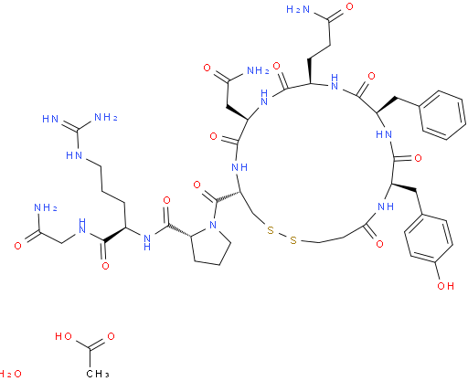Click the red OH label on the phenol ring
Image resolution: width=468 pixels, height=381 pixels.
[445, 286]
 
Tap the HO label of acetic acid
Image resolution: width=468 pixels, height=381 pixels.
[63, 336]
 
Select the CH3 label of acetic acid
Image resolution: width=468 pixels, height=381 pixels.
[98, 374]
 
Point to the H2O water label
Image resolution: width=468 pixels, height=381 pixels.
[10, 374]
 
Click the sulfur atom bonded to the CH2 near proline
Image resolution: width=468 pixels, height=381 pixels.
[271, 230]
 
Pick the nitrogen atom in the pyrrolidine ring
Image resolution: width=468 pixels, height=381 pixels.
[213, 225]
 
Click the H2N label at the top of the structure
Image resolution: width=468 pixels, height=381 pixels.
[298, 9]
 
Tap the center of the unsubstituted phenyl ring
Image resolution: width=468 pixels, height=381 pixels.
[442, 115]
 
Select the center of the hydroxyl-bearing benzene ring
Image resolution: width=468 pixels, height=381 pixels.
[428, 238]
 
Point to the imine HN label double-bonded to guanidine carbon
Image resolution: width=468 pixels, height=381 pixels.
[50, 119]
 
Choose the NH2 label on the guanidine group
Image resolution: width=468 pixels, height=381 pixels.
[106, 117]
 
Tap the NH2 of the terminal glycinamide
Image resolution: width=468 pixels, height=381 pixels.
[46, 207]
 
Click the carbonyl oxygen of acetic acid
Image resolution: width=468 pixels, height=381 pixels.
[111, 336]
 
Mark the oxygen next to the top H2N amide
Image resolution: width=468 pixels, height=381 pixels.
[349, 6]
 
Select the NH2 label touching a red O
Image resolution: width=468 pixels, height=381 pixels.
[258, 70]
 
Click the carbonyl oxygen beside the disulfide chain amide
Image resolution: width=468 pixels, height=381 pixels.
[379, 244]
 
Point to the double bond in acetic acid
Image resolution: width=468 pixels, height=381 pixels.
[97, 344]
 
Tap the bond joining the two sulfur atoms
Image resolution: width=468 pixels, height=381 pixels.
[282, 235]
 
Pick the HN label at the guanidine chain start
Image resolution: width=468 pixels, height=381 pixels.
[74, 155]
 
